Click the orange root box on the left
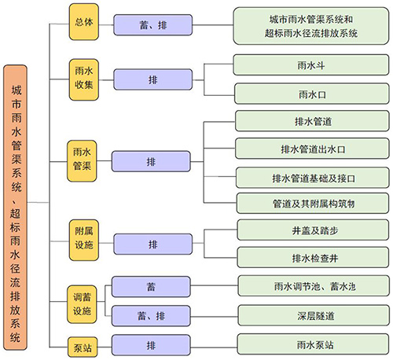pos(15,208)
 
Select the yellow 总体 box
pos(84,22)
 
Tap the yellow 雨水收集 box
pos(84,79)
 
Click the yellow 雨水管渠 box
pos(82,161)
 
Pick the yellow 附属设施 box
pos(84,240)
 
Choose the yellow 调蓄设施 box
pos(82,304)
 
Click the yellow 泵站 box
pos(83,347)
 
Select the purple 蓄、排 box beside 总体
pos(152,25)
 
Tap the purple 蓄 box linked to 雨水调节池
pos(151,287)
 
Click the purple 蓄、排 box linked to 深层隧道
pos(151,316)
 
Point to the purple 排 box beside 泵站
pos(151,345)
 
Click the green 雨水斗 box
pos(311,65)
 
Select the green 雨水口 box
pos(312,94)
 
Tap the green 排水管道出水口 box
pos(312,149)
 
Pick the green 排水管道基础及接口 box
pos(313,178)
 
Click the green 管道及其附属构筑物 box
pos(313,204)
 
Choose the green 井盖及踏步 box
pos(313,230)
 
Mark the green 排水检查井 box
pos(313,258)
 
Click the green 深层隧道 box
pos(314,315)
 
